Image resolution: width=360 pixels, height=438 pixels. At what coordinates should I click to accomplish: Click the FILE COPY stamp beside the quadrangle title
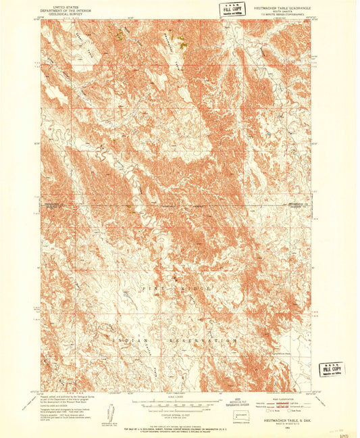click(x=228, y=9)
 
